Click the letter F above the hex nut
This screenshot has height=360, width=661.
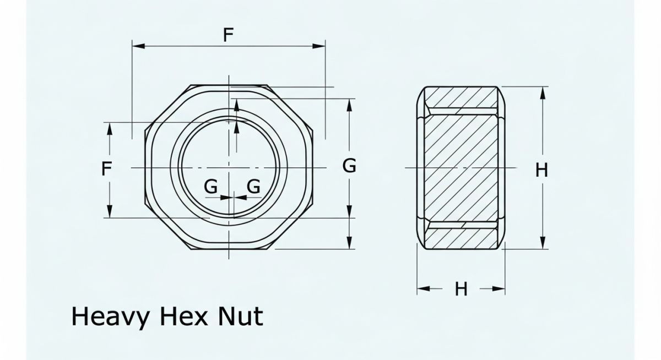[229, 35]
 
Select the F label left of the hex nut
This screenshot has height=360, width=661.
[107, 168]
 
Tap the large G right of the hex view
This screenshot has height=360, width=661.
[349, 166]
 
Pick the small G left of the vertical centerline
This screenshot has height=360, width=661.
[210, 187]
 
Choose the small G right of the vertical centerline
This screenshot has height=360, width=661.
[253, 187]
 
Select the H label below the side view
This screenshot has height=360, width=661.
[461, 288]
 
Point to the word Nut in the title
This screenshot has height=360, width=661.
[239, 317]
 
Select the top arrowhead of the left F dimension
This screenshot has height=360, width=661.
[110, 127]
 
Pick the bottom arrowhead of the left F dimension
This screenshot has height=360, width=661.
[110, 212]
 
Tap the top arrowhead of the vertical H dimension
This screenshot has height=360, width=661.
[543, 92]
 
